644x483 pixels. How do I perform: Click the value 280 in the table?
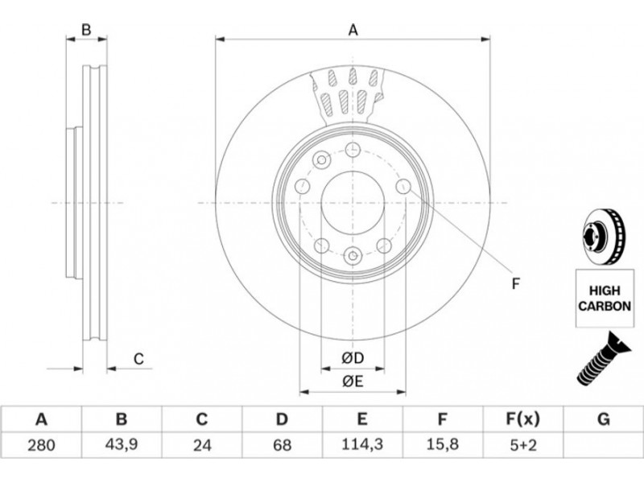(x=41, y=445)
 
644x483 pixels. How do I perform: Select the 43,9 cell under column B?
(x=122, y=445)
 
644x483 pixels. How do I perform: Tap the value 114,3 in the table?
(x=362, y=444)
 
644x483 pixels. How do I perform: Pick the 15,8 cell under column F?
(x=442, y=444)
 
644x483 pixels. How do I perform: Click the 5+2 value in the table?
(x=522, y=445)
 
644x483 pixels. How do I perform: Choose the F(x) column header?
(x=522, y=419)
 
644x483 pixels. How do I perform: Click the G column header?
(x=603, y=419)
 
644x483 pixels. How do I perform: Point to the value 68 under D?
(x=283, y=445)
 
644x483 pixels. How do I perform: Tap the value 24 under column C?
(x=202, y=445)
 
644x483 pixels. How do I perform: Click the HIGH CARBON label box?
(x=605, y=298)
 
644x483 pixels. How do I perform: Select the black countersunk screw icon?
(x=603, y=359)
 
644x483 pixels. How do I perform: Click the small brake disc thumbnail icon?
(x=603, y=236)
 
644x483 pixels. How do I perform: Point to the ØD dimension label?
(x=353, y=358)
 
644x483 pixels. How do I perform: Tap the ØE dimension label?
(x=353, y=382)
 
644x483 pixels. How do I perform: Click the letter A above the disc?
(x=353, y=30)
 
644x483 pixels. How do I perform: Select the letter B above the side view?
(x=86, y=30)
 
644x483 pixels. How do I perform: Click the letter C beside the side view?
(x=138, y=359)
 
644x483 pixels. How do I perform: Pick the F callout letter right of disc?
(x=516, y=283)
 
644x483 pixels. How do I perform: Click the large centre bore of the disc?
(x=353, y=203)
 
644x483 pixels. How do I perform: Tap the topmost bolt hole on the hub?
(x=353, y=150)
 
